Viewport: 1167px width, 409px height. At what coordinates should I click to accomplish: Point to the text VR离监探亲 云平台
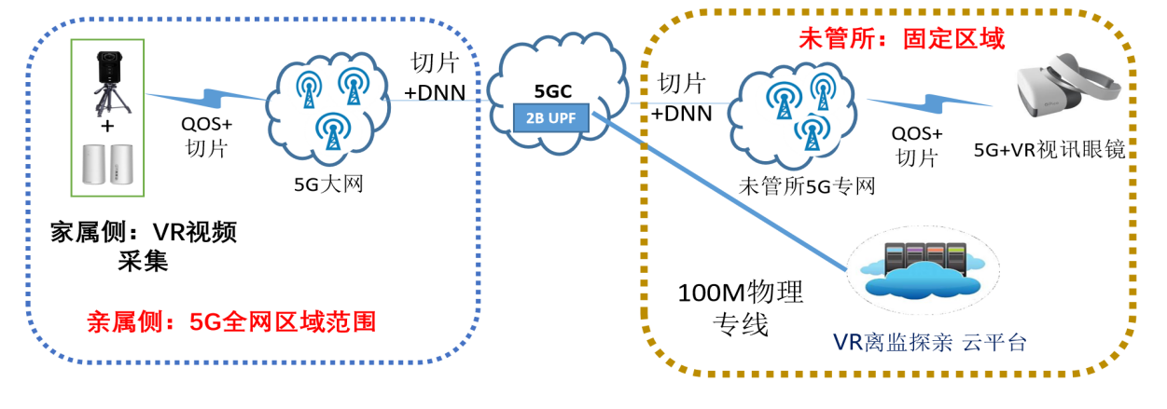[x=929, y=342]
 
